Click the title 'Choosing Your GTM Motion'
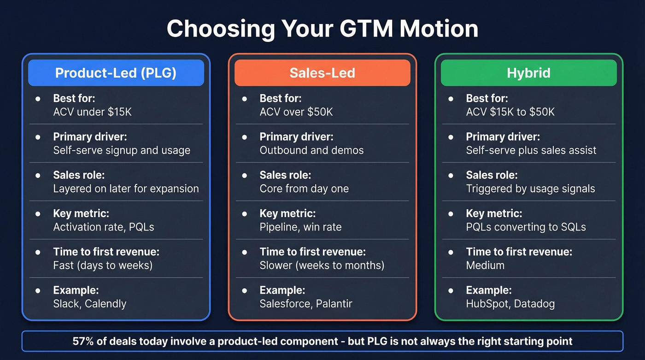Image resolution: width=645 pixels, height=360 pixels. pyautogui.click(x=322, y=29)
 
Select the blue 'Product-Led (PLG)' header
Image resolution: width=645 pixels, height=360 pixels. pyautogui.click(x=116, y=73)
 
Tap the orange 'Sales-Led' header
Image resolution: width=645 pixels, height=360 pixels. pyautogui.click(x=322, y=73)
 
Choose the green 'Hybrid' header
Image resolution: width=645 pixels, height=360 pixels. pyautogui.click(x=528, y=73)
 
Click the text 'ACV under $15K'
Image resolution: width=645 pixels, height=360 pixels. pyautogui.click(x=92, y=112)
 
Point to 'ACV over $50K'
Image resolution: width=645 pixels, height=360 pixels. pyautogui.click(x=296, y=112)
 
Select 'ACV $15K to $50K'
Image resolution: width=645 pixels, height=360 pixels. pyautogui.click(x=510, y=112)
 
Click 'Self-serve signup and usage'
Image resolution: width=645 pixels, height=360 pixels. pyautogui.click(x=122, y=150)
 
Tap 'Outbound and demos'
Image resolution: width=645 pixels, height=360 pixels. pyautogui.click(x=311, y=150)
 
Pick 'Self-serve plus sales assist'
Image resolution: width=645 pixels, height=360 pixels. pyautogui.click(x=531, y=150)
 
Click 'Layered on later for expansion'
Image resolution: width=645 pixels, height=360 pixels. pyautogui.click(x=126, y=189)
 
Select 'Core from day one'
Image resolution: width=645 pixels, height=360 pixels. pyautogui.click(x=304, y=189)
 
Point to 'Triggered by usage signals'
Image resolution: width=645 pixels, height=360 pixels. pyautogui.click(x=530, y=189)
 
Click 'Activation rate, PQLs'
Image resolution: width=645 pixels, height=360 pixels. pyautogui.click(x=104, y=227)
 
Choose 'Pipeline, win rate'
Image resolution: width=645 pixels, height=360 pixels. pyautogui.click(x=300, y=227)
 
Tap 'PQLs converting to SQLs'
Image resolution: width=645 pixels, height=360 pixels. pyautogui.click(x=526, y=227)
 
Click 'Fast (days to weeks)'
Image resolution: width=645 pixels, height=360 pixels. pyautogui.click(x=103, y=265)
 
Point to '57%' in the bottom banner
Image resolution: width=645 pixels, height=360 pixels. pyautogui.click(x=82, y=342)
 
